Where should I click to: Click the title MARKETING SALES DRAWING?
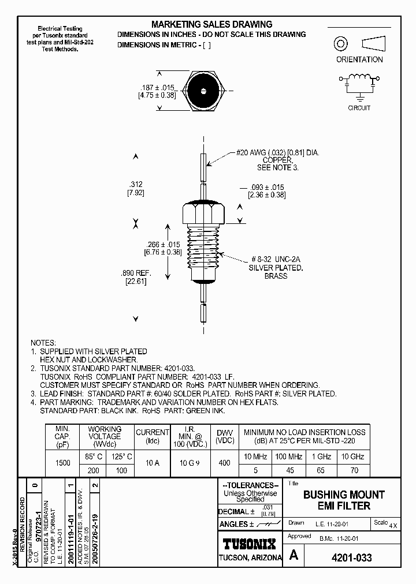click(211, 24)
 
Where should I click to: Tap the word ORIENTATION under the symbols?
click(359, 59)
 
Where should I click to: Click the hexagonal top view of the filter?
click(204, 91)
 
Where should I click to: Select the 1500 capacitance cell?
click(62, 463)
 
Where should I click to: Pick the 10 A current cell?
click(152, 463)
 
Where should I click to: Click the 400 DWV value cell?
click(224, 463)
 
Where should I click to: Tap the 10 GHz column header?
click(354, 456)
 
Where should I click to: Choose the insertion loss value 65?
click(321, 470)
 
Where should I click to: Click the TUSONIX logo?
click(250, 543)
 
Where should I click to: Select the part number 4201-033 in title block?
click(351, 558)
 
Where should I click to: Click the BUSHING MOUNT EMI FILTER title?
click(344, 500)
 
